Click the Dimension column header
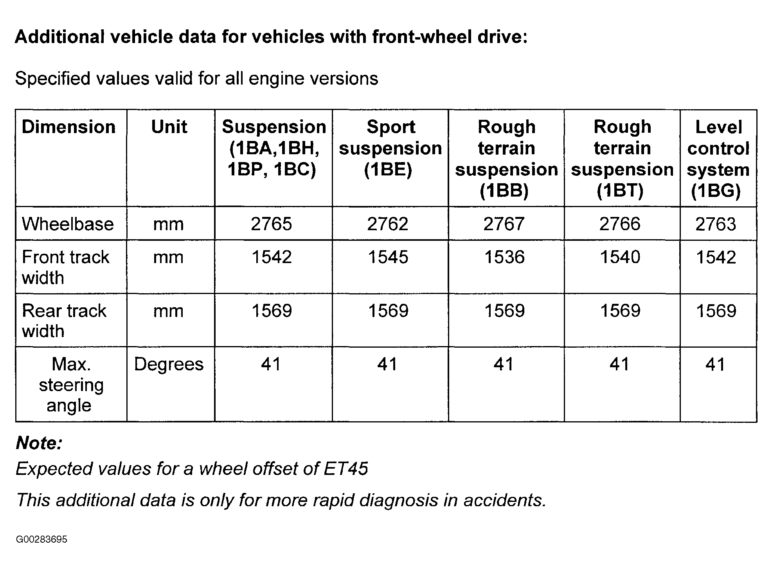68,127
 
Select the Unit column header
169,127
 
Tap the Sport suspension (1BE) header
390,148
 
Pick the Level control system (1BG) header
718,159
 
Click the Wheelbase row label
68,224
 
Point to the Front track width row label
65,267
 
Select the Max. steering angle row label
71,385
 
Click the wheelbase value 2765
271,224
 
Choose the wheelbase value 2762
387,224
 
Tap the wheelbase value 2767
504,224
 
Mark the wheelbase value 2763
716,224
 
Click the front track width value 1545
388,257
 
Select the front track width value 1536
504,257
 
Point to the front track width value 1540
620,257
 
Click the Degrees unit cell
169,364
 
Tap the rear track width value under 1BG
716,311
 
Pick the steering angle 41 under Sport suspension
387,364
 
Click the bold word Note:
39,443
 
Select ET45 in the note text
346,469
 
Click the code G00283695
42,540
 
